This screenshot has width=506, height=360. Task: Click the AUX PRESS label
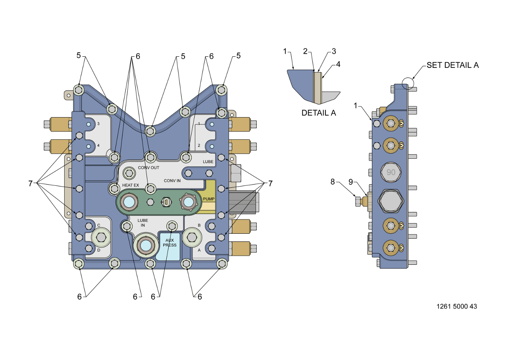[x=169, y=243]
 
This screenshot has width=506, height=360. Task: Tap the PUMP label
[x=208, y=198]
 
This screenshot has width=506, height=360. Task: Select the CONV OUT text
[x=148, y=168]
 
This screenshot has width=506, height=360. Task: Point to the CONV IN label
[x=172, y=181]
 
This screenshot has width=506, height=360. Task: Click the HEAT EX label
[x=130, y=185]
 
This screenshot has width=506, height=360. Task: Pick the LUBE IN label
[x=143, y=222]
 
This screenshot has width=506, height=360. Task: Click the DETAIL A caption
[x=319, y=113]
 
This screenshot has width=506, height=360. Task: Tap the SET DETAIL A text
[x=452, y=65]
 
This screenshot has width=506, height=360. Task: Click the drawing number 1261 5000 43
[x=456, y=306]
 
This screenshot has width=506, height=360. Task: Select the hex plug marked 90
[x=391, y=172]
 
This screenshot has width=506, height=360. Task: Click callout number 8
[x=333, y=182]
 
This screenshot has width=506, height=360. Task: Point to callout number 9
[x=350, y=182]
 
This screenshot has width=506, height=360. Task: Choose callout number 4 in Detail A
[x=338, y=64]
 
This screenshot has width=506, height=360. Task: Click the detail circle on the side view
[x=407, y=82]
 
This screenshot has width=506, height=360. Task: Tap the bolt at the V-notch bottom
[x=150, y=131]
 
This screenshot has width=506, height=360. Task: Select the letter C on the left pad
[x=98, y=225]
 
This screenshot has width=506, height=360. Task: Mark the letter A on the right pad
[x=199, y=250]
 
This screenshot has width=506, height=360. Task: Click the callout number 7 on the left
[x=30, y=183]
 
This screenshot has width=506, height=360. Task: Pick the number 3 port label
[x=98, y=124]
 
